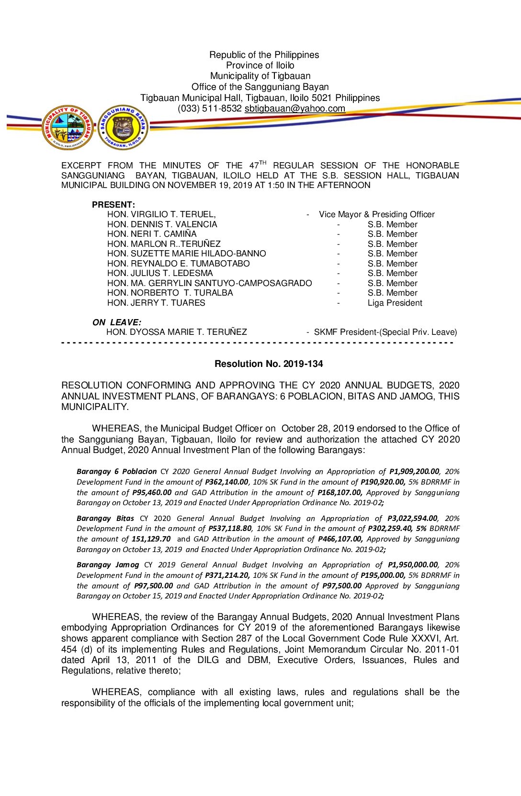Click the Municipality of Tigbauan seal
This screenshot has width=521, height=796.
pos(68,127)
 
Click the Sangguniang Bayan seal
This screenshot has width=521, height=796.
pos(123,127)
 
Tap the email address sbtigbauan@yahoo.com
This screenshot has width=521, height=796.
pos(294,109)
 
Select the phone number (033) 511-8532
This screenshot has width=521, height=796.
pos(210,109)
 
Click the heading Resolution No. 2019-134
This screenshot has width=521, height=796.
pos(269,364)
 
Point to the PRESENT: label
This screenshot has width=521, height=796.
pos(113,205)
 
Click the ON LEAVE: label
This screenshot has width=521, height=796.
pos(117,322)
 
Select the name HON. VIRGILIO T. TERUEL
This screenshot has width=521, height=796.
pos(161,215)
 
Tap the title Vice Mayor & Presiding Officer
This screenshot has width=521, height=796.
pos(377,215)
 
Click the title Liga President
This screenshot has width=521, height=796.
pos(395,303)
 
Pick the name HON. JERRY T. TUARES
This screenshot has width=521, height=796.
pos(156,303)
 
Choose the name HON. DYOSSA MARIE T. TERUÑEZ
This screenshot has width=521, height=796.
pos(177,332)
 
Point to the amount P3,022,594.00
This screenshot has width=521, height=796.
pos(412,519)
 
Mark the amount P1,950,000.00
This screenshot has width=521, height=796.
pos(413,565)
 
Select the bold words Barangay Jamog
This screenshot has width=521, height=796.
pos(108,565)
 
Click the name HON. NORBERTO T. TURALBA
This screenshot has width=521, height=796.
pos(170,293)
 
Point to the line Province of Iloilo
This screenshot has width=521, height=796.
pos(260,66)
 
